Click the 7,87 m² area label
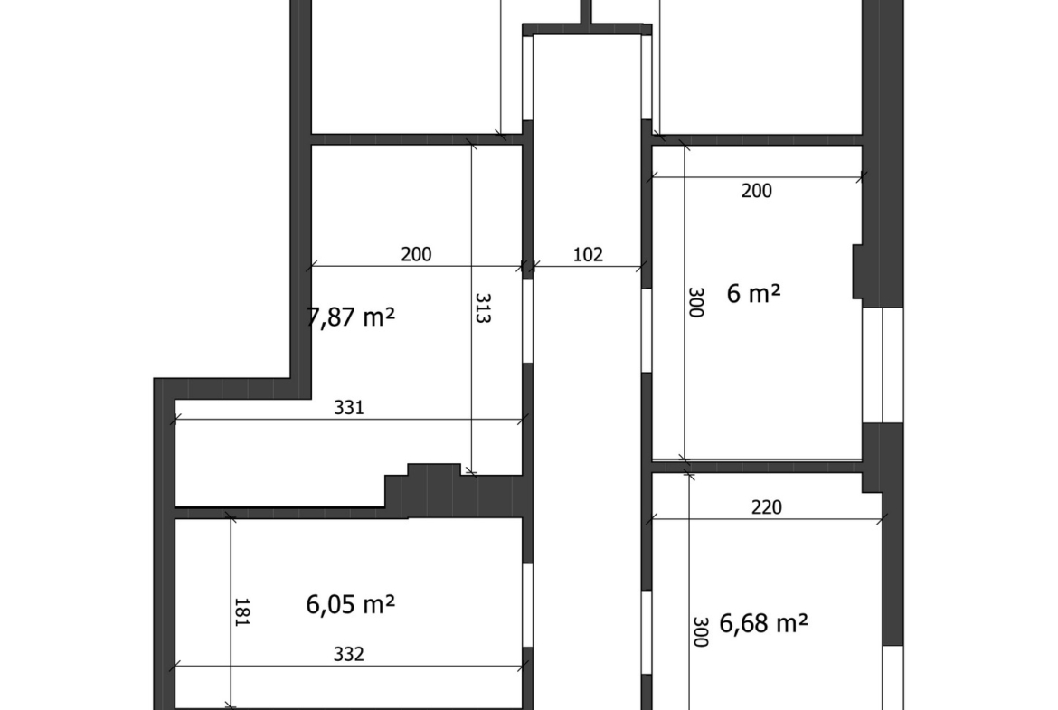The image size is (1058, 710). (x=351, y=317)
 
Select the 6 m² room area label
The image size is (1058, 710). (x=753, y=293)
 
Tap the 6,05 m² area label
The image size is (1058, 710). (x=351, y=604)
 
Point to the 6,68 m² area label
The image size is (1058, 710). (x=764, y=623)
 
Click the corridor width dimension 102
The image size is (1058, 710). (x=588, y=254)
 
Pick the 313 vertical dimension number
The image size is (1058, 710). (x=483, y=308)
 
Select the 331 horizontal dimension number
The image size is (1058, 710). (x=349, y=407)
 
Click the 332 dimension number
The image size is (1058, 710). (x=349, y=654)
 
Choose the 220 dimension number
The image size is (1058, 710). (x=767, y=506)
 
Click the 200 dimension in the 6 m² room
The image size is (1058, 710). (x=756, y=191)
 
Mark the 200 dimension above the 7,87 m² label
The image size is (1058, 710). (x=416, y=254)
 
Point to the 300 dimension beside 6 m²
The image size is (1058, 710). (x=696, y=302)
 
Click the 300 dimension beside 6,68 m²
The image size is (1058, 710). (x=701, y=631)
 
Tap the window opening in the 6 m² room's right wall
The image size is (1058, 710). (x=883, y=365)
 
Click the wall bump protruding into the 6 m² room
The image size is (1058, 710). (x=857, y=271)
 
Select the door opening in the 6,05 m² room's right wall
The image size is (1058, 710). (x=528, y=605)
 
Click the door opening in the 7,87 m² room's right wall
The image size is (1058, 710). (x=528, y=321)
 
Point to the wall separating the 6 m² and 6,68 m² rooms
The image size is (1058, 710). (x=756, y=467)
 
